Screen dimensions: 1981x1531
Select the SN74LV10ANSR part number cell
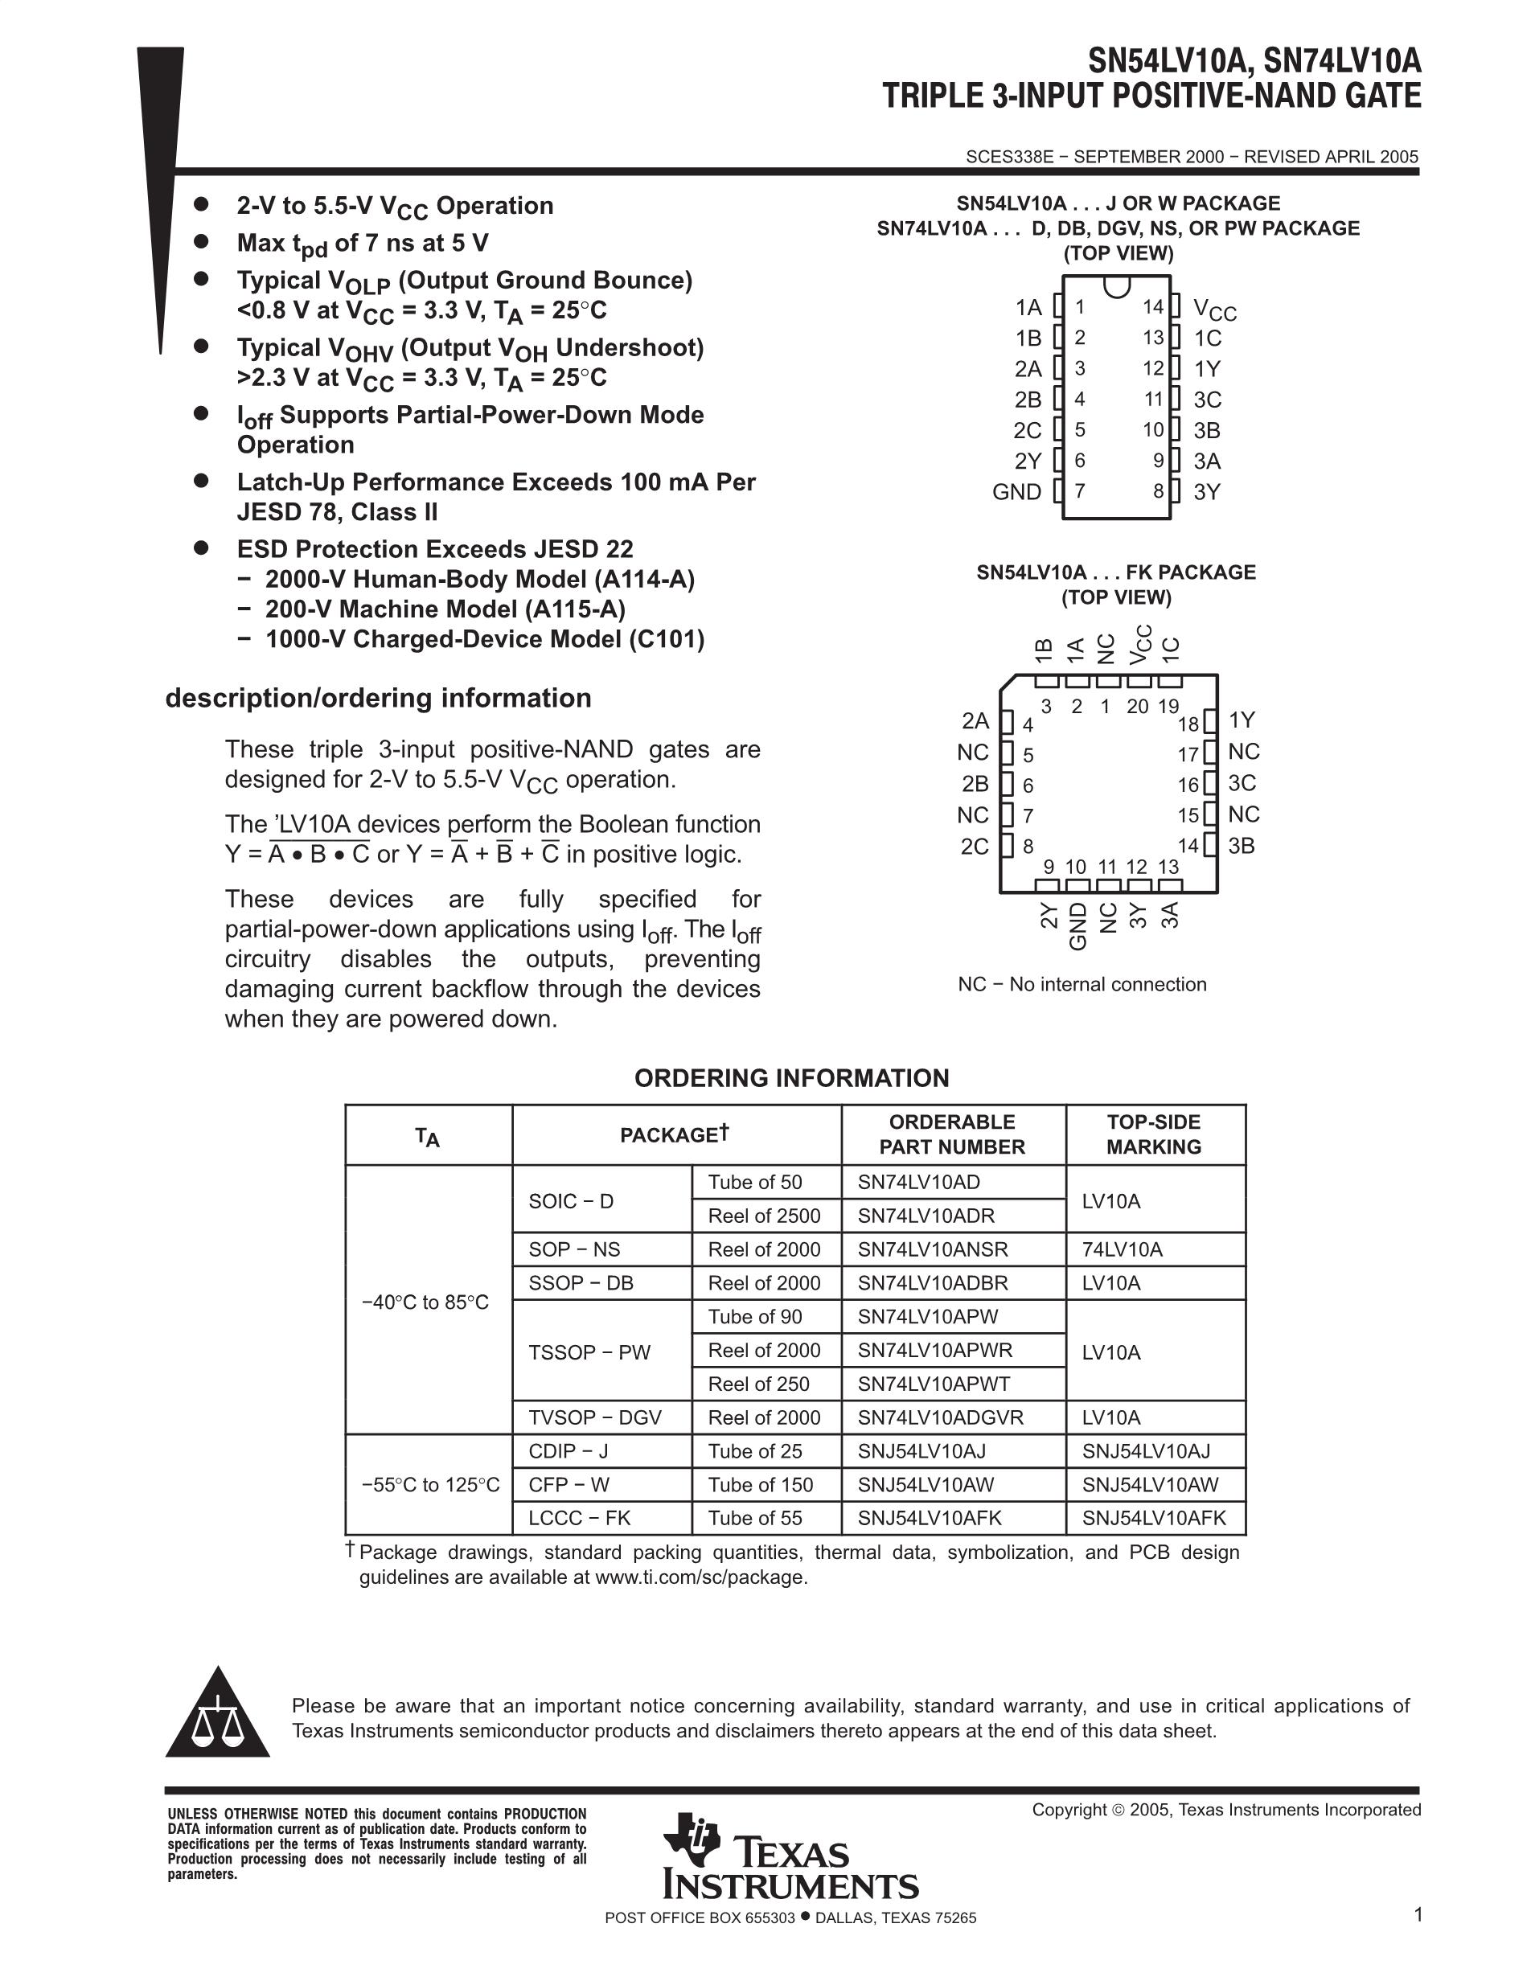933,1249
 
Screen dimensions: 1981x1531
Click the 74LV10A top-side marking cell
1122,1249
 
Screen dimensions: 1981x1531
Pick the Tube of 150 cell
760,1485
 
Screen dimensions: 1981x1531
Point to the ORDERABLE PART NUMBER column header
951,1134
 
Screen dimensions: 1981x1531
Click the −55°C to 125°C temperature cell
430,1485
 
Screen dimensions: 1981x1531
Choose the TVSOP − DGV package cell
595,1417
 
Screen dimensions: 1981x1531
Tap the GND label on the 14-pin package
1016,491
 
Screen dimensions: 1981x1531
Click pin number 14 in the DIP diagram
1152,307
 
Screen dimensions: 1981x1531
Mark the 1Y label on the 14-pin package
1207,369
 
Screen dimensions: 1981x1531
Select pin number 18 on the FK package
1188,724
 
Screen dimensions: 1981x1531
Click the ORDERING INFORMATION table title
792,1077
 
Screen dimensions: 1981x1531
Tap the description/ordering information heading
378,698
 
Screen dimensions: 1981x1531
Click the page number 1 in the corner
1418,1914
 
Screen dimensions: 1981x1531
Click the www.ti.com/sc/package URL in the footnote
700,1577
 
